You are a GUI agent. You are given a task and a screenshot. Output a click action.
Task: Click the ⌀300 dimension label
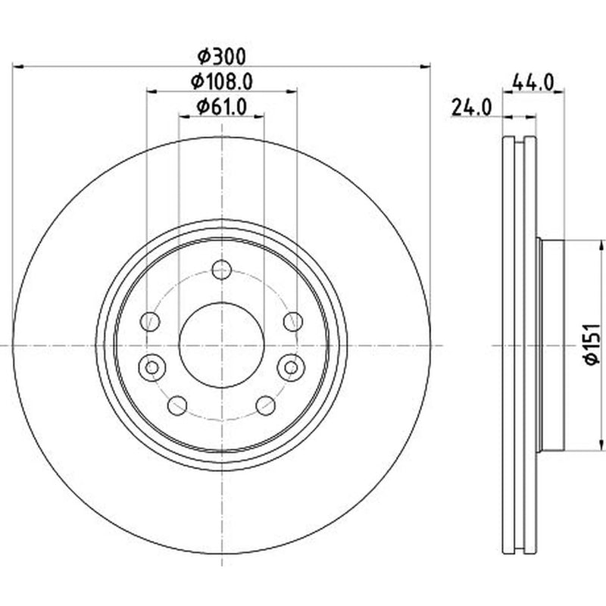pos(221,57)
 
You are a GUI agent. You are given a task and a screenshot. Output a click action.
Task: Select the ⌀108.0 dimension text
pos(222,82)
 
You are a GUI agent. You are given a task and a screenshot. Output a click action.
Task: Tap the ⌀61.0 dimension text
pos(221,107)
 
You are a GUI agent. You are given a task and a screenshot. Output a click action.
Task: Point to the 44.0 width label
pos(533,83)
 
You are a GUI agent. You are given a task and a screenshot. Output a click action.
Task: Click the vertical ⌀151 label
pos(592,345)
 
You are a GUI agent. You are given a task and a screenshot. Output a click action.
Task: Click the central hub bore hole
pos(221,345)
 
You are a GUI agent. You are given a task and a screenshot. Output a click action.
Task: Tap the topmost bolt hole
pos(222,270)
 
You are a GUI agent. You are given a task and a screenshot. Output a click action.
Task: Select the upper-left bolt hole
pos(150,321)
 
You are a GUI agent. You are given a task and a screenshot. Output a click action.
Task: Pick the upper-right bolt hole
pos(293,321)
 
